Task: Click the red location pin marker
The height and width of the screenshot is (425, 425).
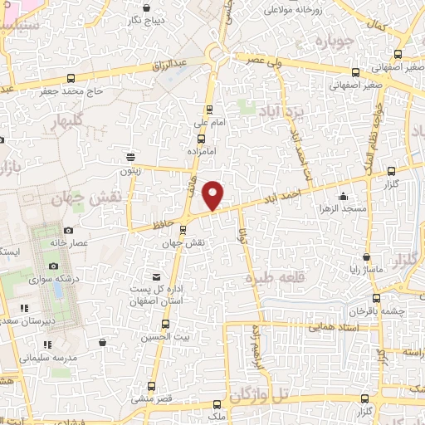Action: pos(214,193)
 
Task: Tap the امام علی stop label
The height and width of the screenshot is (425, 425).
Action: pos(210,123)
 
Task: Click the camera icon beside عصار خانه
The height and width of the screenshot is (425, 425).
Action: pos(68,230)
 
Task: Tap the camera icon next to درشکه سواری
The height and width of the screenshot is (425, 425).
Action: pos(54,266)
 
